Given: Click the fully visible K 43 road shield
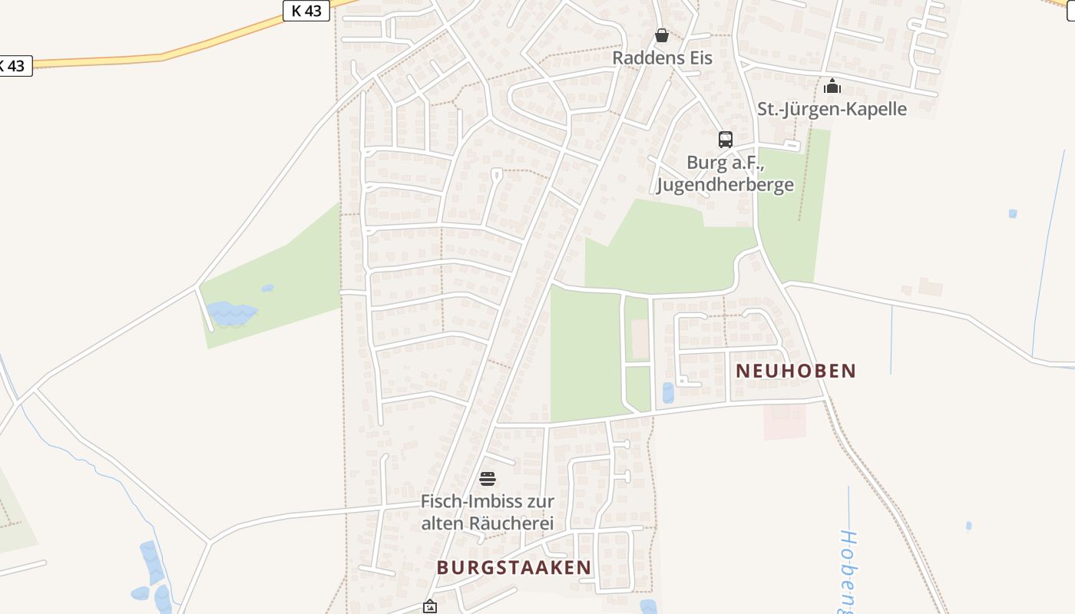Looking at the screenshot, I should (306, 11).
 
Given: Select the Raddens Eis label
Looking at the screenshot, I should (662, 58).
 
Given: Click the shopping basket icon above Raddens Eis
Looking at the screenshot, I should (662, 35).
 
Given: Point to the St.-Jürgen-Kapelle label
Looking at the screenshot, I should (832, 109).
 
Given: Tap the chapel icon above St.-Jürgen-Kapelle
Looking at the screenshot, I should (832, 86).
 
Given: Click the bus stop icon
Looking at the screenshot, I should (726, 140).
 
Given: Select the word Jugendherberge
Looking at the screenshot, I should (725, 185).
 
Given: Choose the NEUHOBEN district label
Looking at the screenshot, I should (795, 371).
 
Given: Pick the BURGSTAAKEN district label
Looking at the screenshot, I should (514, 567).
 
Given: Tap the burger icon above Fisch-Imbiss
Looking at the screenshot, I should (488, 480).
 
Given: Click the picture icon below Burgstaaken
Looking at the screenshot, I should (430, 607).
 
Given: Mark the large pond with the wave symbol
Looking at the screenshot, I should (230, 313).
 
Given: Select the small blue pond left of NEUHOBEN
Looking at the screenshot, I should (668, 393).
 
